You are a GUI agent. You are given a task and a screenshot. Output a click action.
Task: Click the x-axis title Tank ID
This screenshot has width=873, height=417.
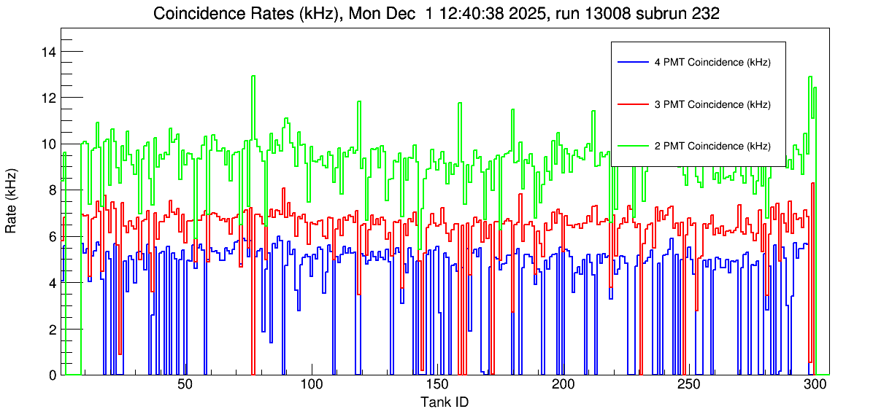444,402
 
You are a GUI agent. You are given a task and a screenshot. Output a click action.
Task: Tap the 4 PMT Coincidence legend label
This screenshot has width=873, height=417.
712,63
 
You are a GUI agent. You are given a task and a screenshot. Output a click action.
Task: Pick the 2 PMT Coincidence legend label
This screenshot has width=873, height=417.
712,146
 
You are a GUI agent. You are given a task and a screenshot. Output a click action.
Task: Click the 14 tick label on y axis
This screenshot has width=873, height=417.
50,52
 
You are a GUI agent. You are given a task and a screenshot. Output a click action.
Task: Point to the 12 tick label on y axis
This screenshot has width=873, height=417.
50,98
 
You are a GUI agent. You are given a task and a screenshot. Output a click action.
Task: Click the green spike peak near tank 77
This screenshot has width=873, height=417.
253,77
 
